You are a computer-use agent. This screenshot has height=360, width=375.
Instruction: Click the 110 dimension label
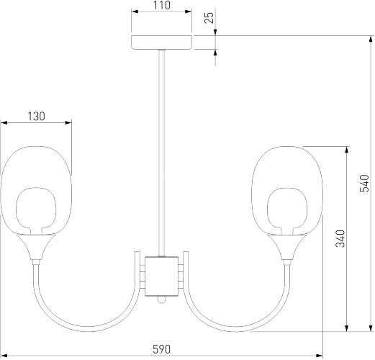(x=162, y=5)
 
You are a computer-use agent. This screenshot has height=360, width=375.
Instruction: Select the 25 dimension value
(x=209, y=18)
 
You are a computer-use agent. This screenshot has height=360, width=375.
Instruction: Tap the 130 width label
(x=36, y=117)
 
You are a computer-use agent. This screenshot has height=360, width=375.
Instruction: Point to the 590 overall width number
(x=161, y=349)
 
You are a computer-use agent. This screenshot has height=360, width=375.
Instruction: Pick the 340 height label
(x=340, y=238)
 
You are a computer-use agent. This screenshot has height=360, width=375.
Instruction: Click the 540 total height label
(x=364, y=184)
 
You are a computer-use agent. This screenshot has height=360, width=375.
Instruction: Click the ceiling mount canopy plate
(x=162, y=42)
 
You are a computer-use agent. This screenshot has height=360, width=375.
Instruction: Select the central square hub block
(x=161, y=276)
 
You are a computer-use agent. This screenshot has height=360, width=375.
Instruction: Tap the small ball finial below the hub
(x=161, y=300)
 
